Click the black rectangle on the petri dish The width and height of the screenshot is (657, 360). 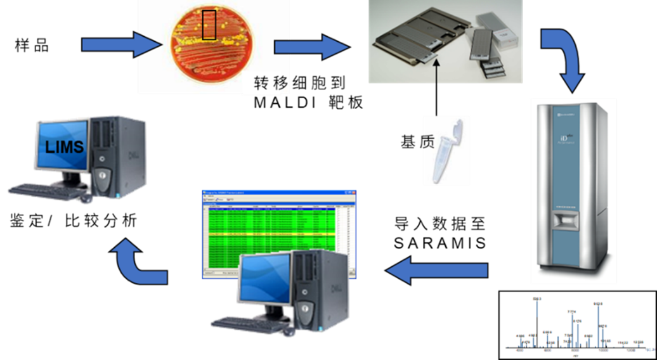[210, 25]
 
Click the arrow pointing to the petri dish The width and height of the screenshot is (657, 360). [120, 45]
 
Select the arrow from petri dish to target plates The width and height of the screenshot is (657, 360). [310, 47]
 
